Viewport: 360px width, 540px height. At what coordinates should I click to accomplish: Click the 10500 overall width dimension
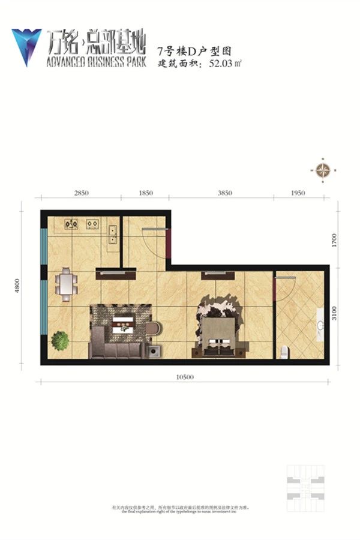pos(185,377)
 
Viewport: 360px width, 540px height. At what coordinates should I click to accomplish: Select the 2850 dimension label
pos(82,193)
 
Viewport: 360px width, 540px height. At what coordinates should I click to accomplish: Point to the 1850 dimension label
pos(146,193)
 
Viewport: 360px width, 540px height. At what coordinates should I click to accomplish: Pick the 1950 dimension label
pos(298,193)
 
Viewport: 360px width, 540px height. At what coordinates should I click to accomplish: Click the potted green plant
pos(60,341)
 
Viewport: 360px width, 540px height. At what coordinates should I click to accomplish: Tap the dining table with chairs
pos(65,284)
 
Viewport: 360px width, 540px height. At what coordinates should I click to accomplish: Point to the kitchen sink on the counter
pos(113,233)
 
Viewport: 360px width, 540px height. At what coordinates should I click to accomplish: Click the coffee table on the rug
pos(124,323)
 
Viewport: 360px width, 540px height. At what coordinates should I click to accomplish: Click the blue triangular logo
pos(26,46)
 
